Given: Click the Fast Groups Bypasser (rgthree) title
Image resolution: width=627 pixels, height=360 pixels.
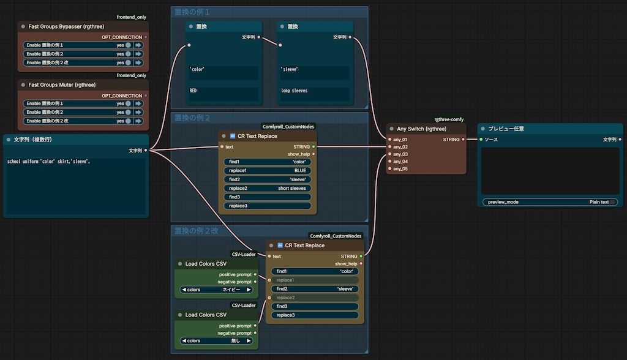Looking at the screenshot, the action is click(x=66, y=26).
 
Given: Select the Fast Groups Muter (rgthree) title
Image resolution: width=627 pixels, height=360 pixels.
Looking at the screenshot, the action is click(x=62, y=85).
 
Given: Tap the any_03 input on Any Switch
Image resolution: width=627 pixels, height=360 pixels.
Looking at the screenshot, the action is click(x=400, y=154).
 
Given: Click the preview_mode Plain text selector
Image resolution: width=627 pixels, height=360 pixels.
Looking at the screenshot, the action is click(x=550, y=202).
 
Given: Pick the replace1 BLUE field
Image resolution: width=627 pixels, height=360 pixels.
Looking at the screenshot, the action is click(x=267, y=170).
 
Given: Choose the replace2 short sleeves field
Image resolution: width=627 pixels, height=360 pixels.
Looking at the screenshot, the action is click(x=267, y=188).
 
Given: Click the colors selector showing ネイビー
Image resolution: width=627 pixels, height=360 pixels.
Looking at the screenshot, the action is click(x=216, y=290).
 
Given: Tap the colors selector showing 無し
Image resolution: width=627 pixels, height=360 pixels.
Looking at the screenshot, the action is click(x=216, y=341).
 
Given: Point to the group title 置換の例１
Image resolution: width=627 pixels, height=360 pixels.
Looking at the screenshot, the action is click(x=192, y=12).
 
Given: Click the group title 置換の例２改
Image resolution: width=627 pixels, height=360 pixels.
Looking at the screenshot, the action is click(x=197, y=231).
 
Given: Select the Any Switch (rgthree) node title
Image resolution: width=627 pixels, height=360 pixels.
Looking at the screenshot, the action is click(x=421, y=129).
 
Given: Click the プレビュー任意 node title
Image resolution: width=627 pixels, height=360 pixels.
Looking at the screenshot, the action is click(x=506, y=129).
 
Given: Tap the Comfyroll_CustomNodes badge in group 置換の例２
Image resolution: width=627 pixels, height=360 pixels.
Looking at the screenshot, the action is click(x=288, y=127).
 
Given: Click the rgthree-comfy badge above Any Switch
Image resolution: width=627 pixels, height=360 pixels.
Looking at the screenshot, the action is click(x=449, y=119).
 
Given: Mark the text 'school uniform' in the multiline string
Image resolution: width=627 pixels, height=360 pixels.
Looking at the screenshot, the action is click(x=23, y=162).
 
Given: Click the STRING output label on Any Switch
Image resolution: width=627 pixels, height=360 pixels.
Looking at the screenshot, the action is click(x=451, y=140).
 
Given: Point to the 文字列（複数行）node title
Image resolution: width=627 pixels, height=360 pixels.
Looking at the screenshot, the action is click(x=33, y=140).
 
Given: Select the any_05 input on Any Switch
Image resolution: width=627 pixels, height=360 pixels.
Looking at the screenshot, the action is click(x=400, y=169).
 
